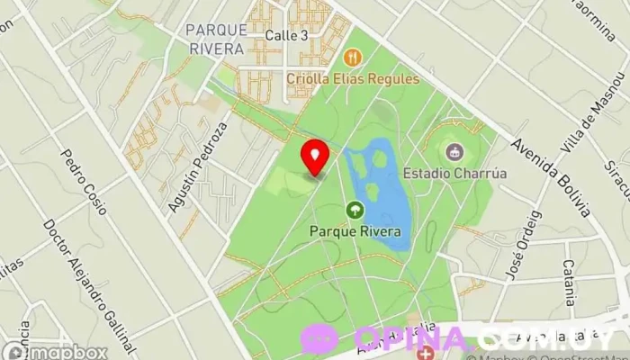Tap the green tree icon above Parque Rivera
(355, 211)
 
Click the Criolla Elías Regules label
(353, 78)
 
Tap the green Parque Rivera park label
(355, 230)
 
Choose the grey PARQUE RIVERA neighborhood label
(215, 40)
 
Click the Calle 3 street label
(287, 35)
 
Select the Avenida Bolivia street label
(550, 176)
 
